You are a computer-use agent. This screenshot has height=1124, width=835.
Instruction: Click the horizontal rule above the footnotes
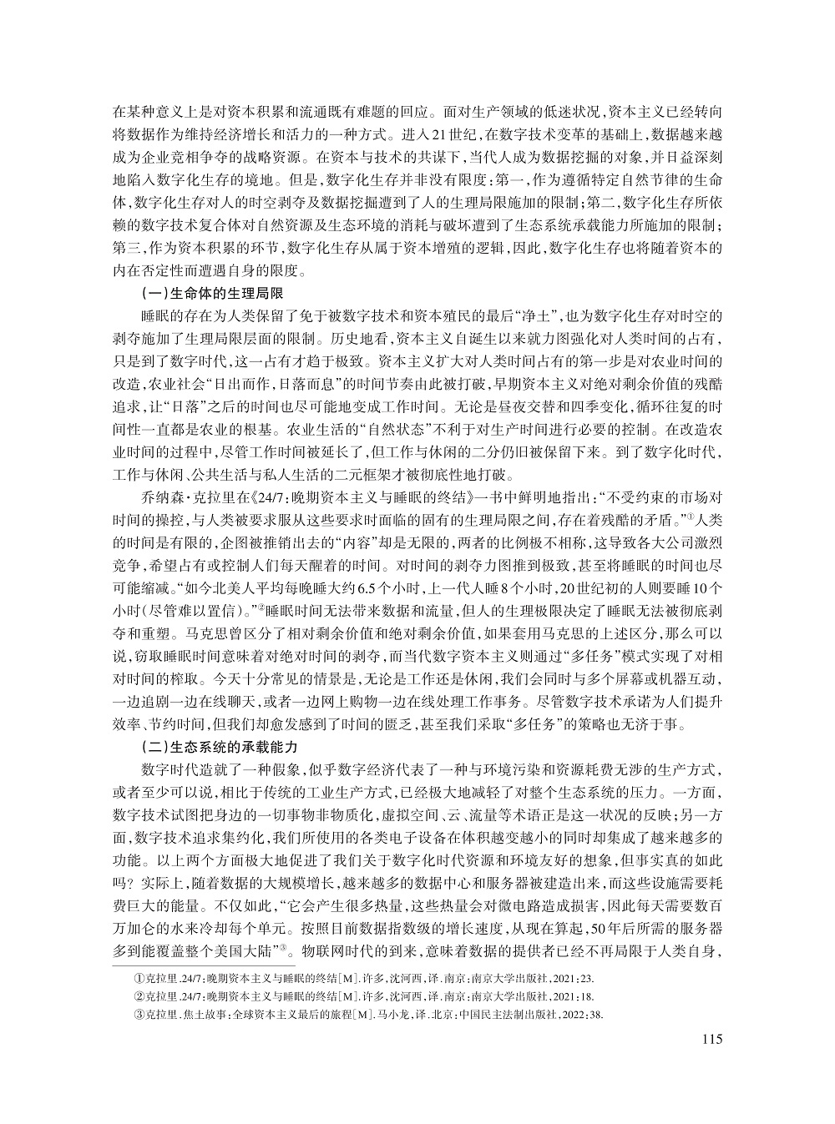[x=201, y=964]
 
